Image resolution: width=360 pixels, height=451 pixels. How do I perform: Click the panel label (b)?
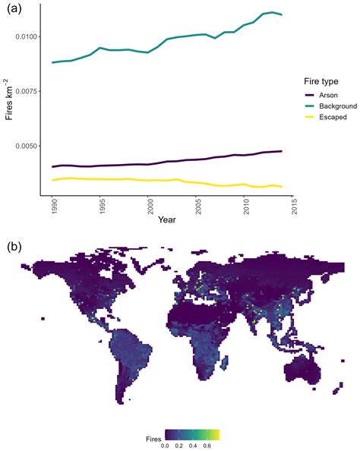coord(14,247)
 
